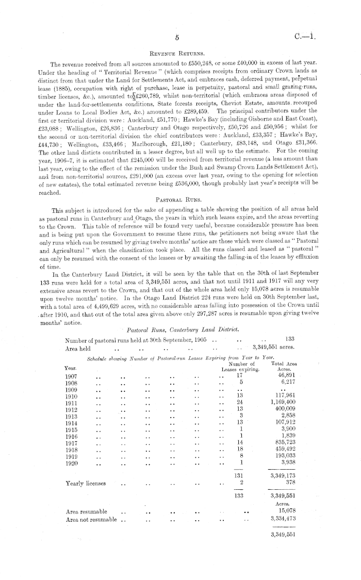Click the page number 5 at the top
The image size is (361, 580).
(176, 37)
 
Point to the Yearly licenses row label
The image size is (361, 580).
(86, 484)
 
